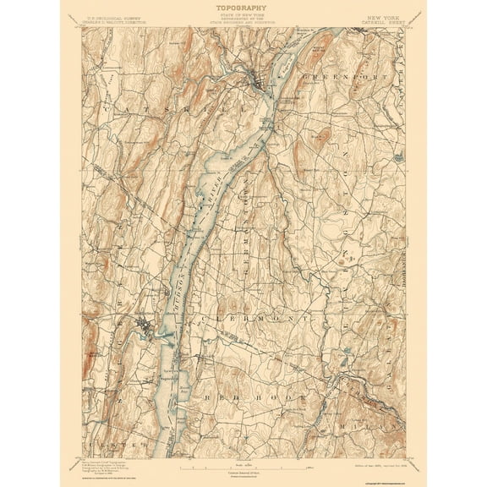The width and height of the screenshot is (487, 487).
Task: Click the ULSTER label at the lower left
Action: (110, 441)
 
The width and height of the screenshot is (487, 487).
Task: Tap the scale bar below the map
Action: (243, 466)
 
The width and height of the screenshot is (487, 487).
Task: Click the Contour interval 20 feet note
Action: (243, 473)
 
